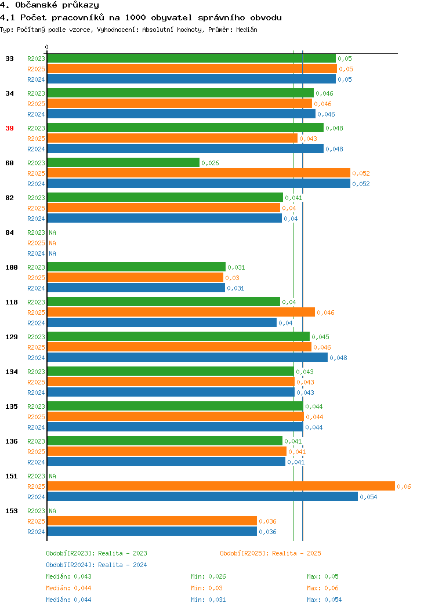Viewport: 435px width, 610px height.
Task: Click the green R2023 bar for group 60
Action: click(x=124, y=162)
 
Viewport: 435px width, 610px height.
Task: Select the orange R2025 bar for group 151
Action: click(x=221, y=486)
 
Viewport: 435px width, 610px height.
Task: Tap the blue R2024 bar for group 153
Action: click(x=152, y=531)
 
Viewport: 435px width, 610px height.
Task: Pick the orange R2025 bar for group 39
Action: click(x=172, y=139)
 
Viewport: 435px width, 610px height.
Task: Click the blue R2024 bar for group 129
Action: click(x=187, y=358)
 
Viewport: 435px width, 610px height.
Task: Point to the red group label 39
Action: click(x=9, y=128)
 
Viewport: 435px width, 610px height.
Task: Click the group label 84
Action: click(x=9, y=233)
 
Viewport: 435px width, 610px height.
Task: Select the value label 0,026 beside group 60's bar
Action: click(x=210, y=163)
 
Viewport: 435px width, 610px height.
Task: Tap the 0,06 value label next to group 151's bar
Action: click(x=404, y=486)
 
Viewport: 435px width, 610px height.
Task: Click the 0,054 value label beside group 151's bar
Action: click(x=368, y=497)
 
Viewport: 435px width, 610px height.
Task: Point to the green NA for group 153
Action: click(x=53, y=511)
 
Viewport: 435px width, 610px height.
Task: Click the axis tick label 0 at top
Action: click(x=47, y=48)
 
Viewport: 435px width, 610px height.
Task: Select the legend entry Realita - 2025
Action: click(x=296, y=553)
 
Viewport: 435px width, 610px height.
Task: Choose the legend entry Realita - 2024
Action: click(x=122, y=565)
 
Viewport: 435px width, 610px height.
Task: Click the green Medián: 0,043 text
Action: click(x=68, y=576)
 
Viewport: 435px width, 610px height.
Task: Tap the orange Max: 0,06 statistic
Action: click(x=322, y=588)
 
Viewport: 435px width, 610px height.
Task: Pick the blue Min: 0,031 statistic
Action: click(x=208, y=600)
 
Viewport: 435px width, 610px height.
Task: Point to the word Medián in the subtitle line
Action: click(x=246, y=30)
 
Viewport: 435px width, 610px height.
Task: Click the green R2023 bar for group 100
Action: click(x=136, y=267)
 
